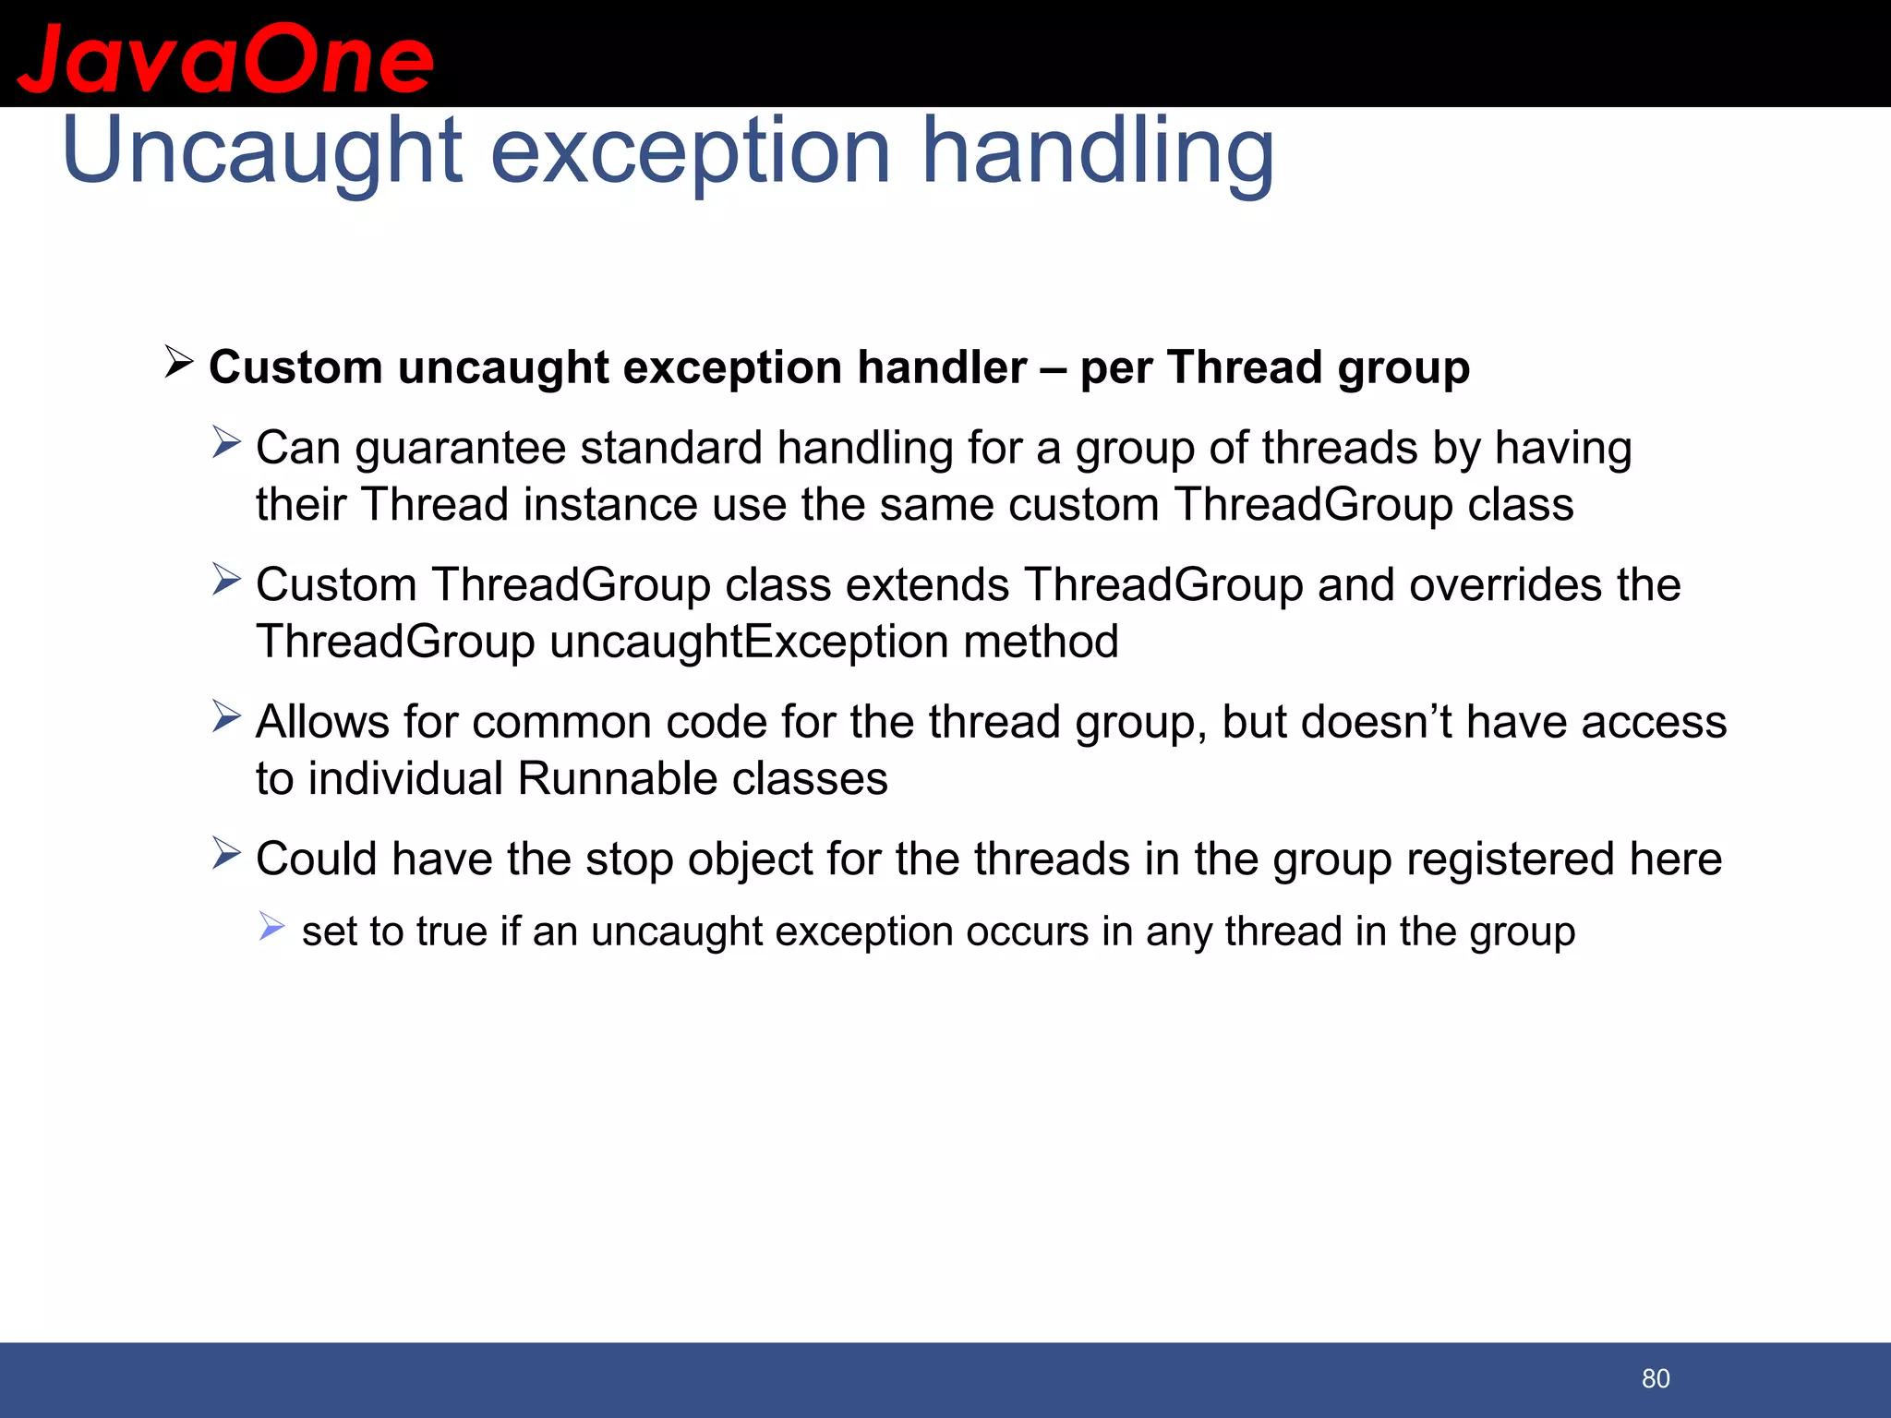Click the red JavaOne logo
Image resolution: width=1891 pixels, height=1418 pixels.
point(225,59)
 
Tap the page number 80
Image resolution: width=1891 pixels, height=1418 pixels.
point(1656,1378)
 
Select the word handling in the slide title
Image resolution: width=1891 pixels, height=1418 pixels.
point(1098,152)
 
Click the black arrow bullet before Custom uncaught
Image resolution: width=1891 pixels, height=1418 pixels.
point(178,362)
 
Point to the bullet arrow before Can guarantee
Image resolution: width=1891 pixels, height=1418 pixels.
point(226,442)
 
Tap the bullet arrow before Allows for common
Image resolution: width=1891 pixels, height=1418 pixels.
point(226,716)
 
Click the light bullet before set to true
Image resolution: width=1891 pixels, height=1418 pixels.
point(271,926)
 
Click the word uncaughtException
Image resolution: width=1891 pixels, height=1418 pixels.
point(749,642)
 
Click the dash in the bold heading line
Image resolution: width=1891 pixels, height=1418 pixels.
point(1054,368)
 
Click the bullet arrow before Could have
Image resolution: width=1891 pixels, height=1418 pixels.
point(226,854)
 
